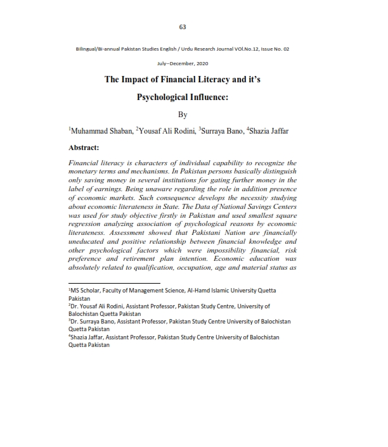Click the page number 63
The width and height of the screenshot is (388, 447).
pyautogui.click(x=183, y=27)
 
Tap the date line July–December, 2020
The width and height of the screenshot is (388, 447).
pyautogui.click(x=183, y=64)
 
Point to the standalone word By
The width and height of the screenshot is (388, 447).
pyautogui.click(x=183, y=115)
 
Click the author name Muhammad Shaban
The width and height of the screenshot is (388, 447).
pyautogui.click(x=99, y=131)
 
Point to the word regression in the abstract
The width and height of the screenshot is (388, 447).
pyautogui.click(x=88, y=224)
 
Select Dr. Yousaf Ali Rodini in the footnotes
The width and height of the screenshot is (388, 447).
pyautogui.click(x=101, y=305)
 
